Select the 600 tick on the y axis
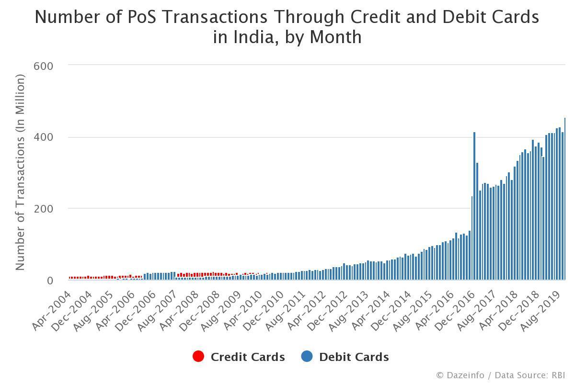coord(43,66)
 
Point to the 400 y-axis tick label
coord(43,137)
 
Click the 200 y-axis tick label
coord(43,209)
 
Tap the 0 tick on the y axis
coord(49,281)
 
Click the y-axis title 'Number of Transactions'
coord(20,172)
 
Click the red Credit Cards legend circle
coord(198,357)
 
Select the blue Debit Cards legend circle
coord(307,357)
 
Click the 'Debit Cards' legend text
coord(354,357)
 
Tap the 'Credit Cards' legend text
coord(248,357)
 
